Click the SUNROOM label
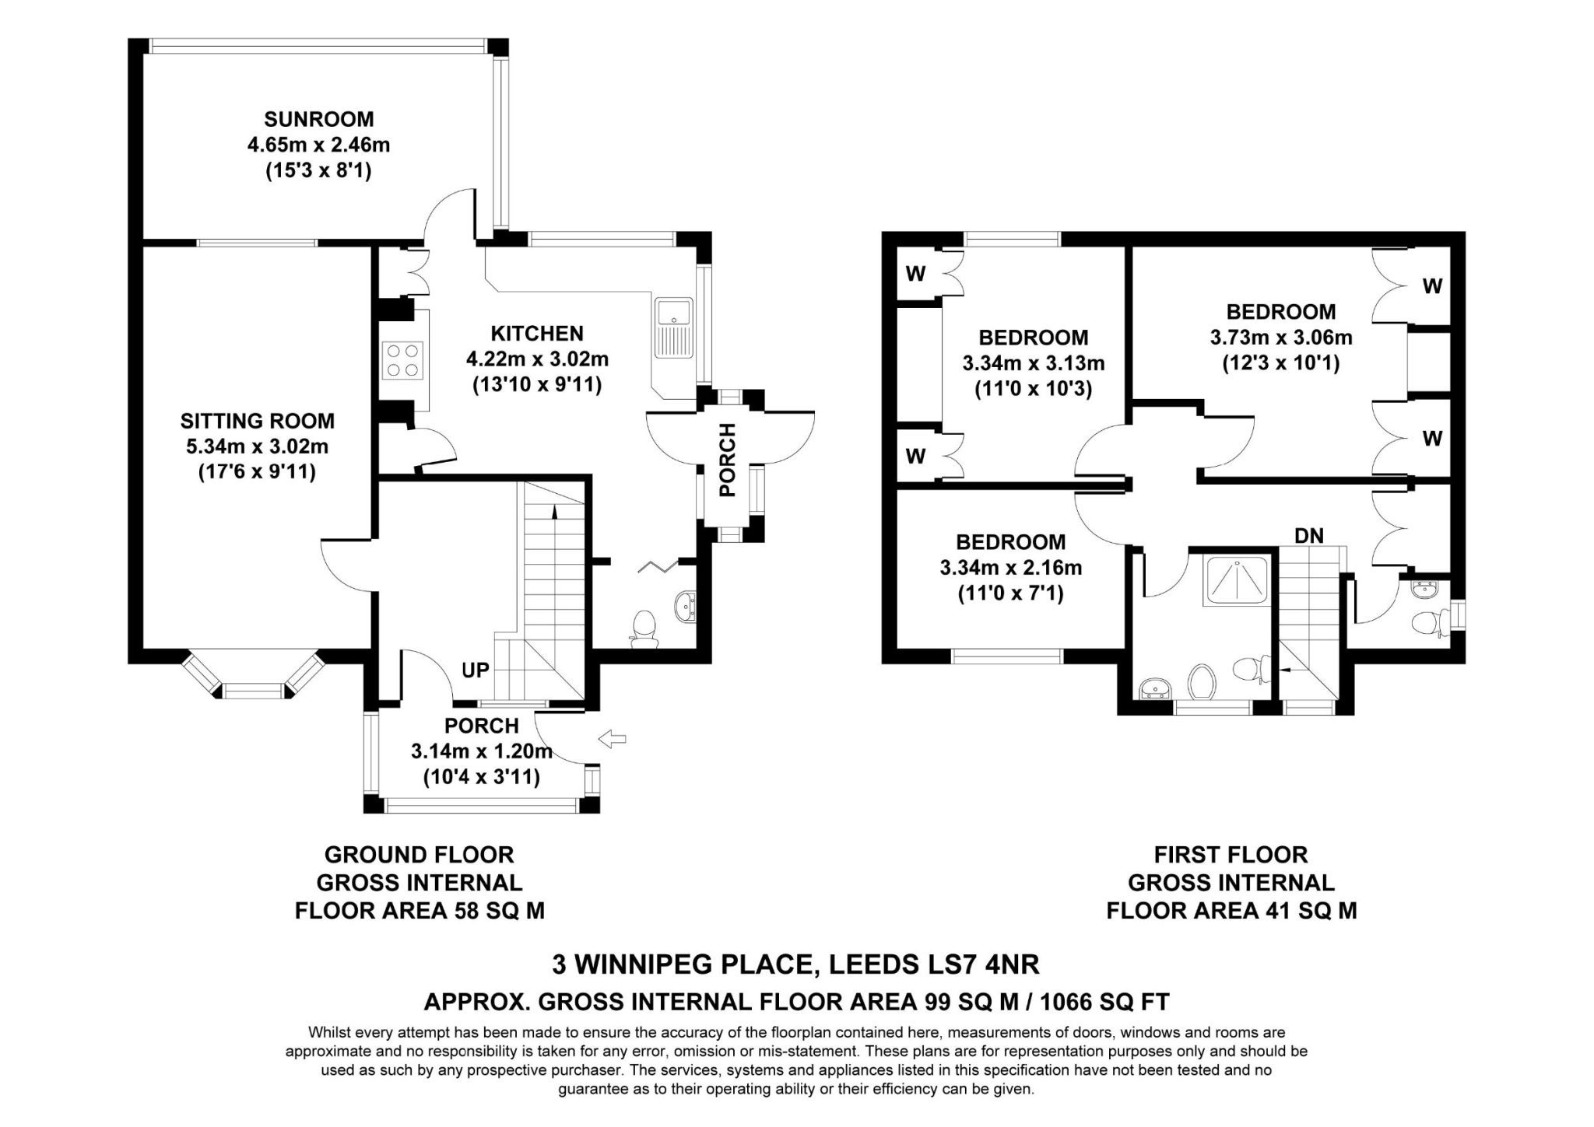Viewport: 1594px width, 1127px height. [318, 119]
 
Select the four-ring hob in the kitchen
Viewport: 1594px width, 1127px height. [403, 360]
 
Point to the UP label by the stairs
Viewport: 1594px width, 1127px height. [476, 670]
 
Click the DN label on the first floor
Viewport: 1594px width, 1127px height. [1309, 535]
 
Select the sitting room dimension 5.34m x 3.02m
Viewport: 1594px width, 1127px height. [257, 446]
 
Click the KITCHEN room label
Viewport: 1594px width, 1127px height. [537, 334]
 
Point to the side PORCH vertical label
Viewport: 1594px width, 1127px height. [727, 460]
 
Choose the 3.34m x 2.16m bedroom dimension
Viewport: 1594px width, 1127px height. [1011, 568]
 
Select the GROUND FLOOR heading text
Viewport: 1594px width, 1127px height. [420, 855]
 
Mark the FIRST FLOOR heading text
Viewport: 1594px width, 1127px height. [1231, 855]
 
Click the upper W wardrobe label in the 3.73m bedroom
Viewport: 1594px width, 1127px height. [1432, 286]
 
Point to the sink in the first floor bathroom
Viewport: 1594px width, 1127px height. [1155, 688]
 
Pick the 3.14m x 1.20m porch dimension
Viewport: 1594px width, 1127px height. [482, 751]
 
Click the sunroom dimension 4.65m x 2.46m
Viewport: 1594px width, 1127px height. [319, 145]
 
